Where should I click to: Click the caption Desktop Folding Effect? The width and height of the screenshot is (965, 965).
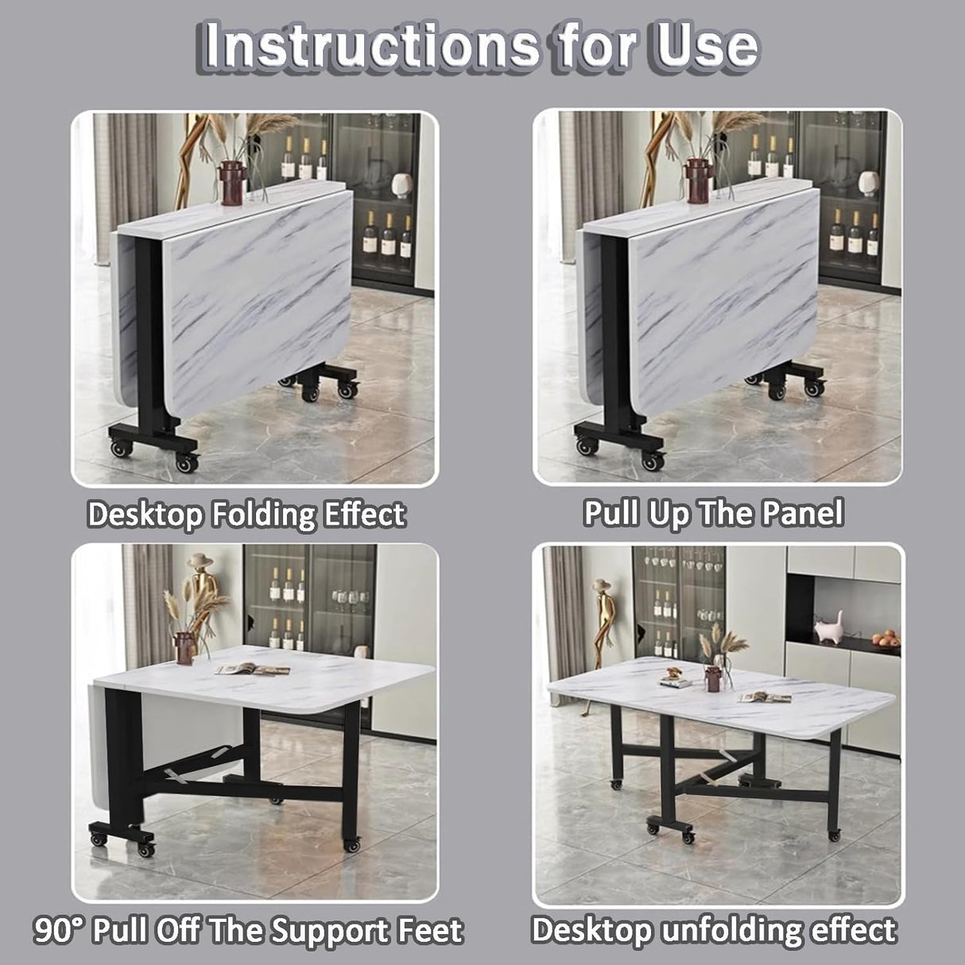(246, 514)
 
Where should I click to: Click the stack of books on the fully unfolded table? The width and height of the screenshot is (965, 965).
(674, 681)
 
